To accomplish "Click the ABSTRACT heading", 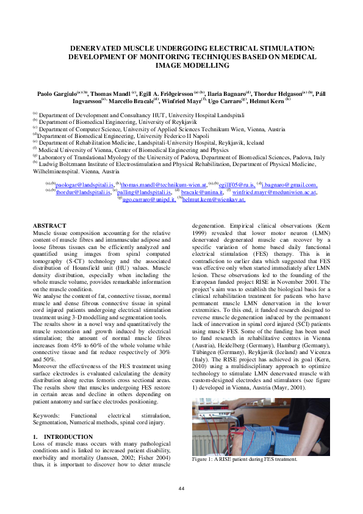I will pos(49,226).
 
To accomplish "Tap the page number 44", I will pos(181,488).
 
